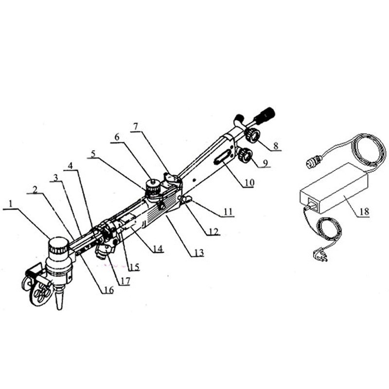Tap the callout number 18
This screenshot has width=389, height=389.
(364, 212)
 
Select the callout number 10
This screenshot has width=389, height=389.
(249, 183)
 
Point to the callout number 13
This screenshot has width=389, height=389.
(199, 252)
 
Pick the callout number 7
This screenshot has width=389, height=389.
(136, 126)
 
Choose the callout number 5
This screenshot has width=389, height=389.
(93, 154)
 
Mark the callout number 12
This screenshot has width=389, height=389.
(213, 232)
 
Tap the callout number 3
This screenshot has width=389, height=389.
(56, 177)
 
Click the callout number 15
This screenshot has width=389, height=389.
(135, 267)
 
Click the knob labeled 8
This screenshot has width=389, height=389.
(252, 135)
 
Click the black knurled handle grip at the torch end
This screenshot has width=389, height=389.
(265, 116)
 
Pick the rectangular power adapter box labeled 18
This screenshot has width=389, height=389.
(334, 188)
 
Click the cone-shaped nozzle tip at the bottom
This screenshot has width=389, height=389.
(59, 298)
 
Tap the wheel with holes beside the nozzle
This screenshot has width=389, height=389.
(41, 293)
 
